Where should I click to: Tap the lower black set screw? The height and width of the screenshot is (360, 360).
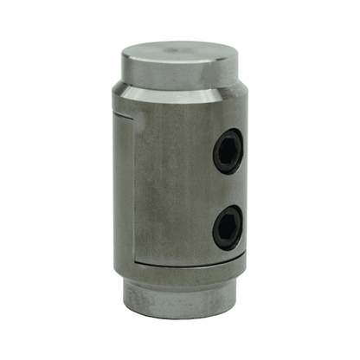tap(228, 226)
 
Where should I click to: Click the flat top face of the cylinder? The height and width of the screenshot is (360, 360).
tap(177, 59)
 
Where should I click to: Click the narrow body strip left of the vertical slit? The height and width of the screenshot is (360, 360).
tap(124, 186)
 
